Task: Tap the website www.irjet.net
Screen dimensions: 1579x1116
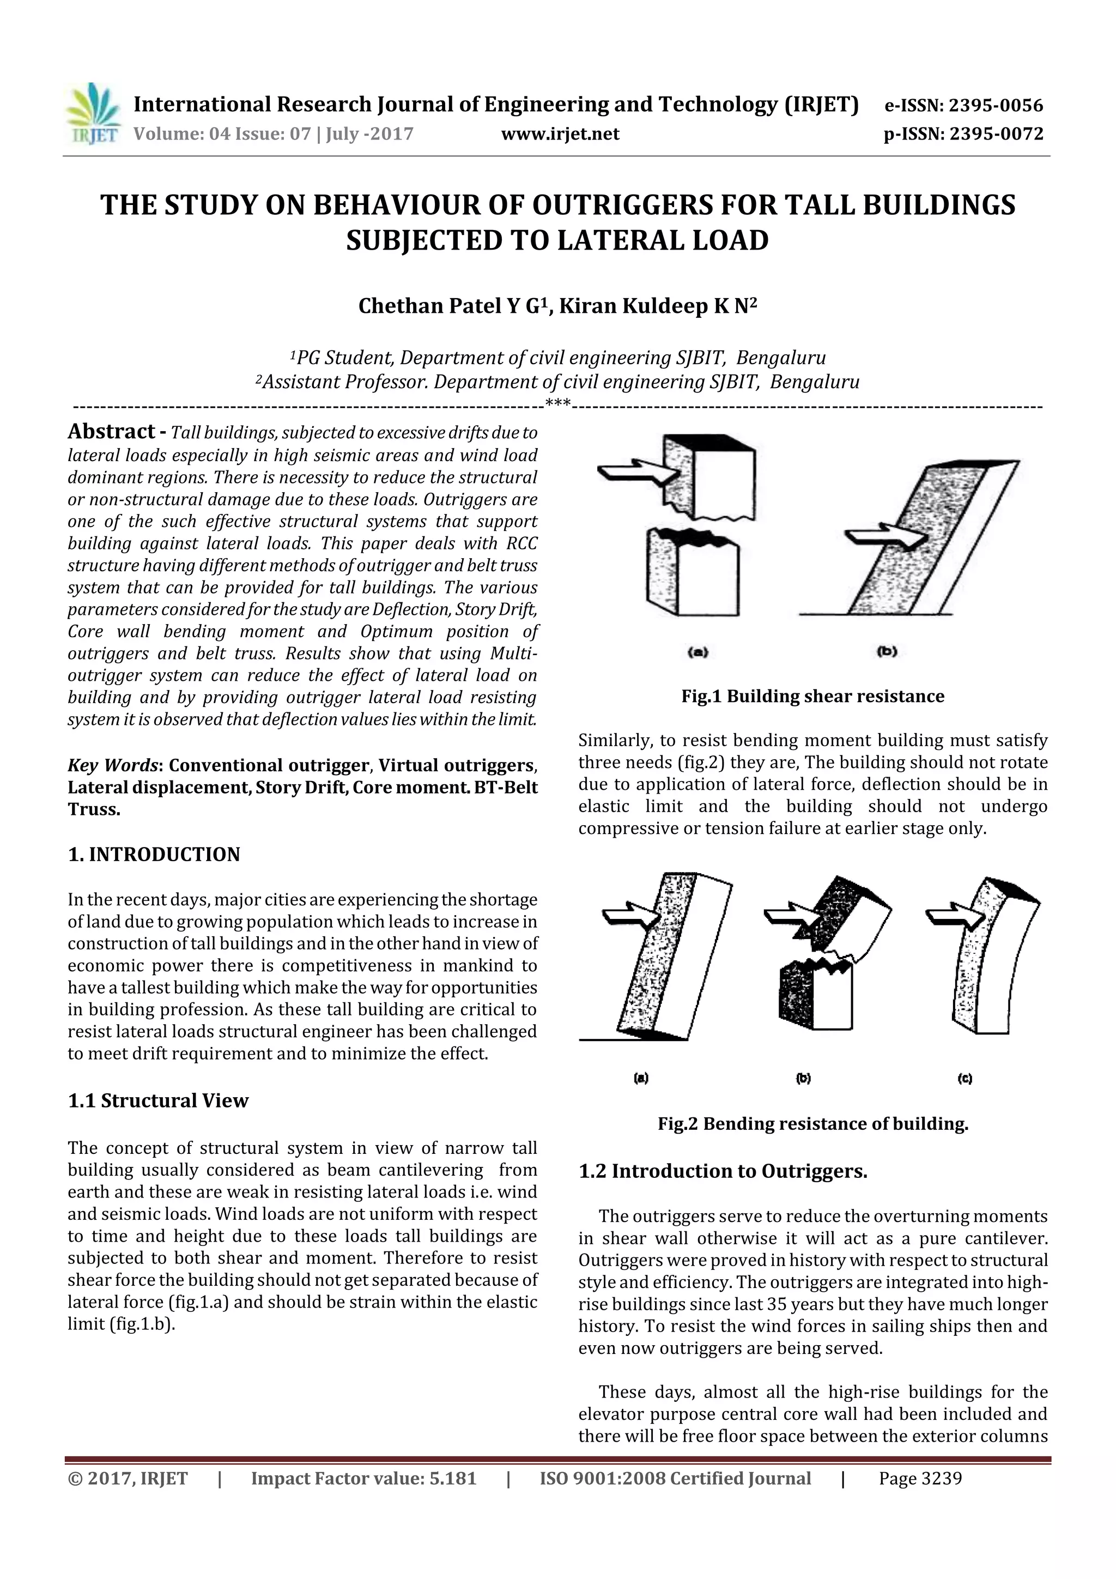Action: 560,134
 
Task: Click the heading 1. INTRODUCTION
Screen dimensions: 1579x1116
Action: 154,854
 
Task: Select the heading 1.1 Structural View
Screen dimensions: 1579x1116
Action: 157,1100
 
